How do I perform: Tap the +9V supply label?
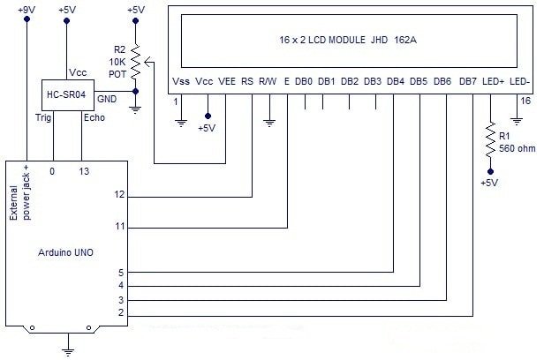click(27, 10)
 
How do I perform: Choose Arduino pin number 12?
click(121, 194)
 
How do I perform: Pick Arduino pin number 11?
click(121, 227)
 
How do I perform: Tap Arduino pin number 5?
click(121, 273)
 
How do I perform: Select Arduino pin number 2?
click(121, 313)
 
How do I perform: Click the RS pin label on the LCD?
click(247, 81)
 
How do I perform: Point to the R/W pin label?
click(268, 81)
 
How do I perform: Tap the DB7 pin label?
click(468, 81)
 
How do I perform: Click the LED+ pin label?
click(494, 81)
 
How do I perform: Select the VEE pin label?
click(227, 81)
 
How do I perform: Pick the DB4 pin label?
click(396, 81)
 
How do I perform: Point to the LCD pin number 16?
click(525, 101)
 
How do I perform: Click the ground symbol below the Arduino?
click(68, 350)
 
